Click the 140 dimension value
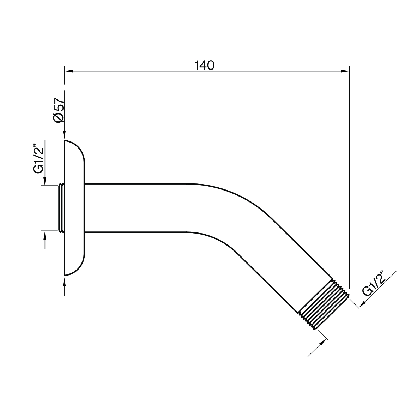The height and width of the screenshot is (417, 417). [205, 65]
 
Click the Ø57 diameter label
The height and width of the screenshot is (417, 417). [59, 110]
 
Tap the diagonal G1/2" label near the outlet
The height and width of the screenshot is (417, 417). [374, 284]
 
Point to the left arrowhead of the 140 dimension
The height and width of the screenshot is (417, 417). [68, 71]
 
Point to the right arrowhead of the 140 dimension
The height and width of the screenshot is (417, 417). [345, 71]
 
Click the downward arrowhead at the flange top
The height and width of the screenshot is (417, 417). [64, 135]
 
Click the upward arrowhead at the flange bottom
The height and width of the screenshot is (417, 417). [64, 280]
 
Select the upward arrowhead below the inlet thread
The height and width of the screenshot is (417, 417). [45, 236]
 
